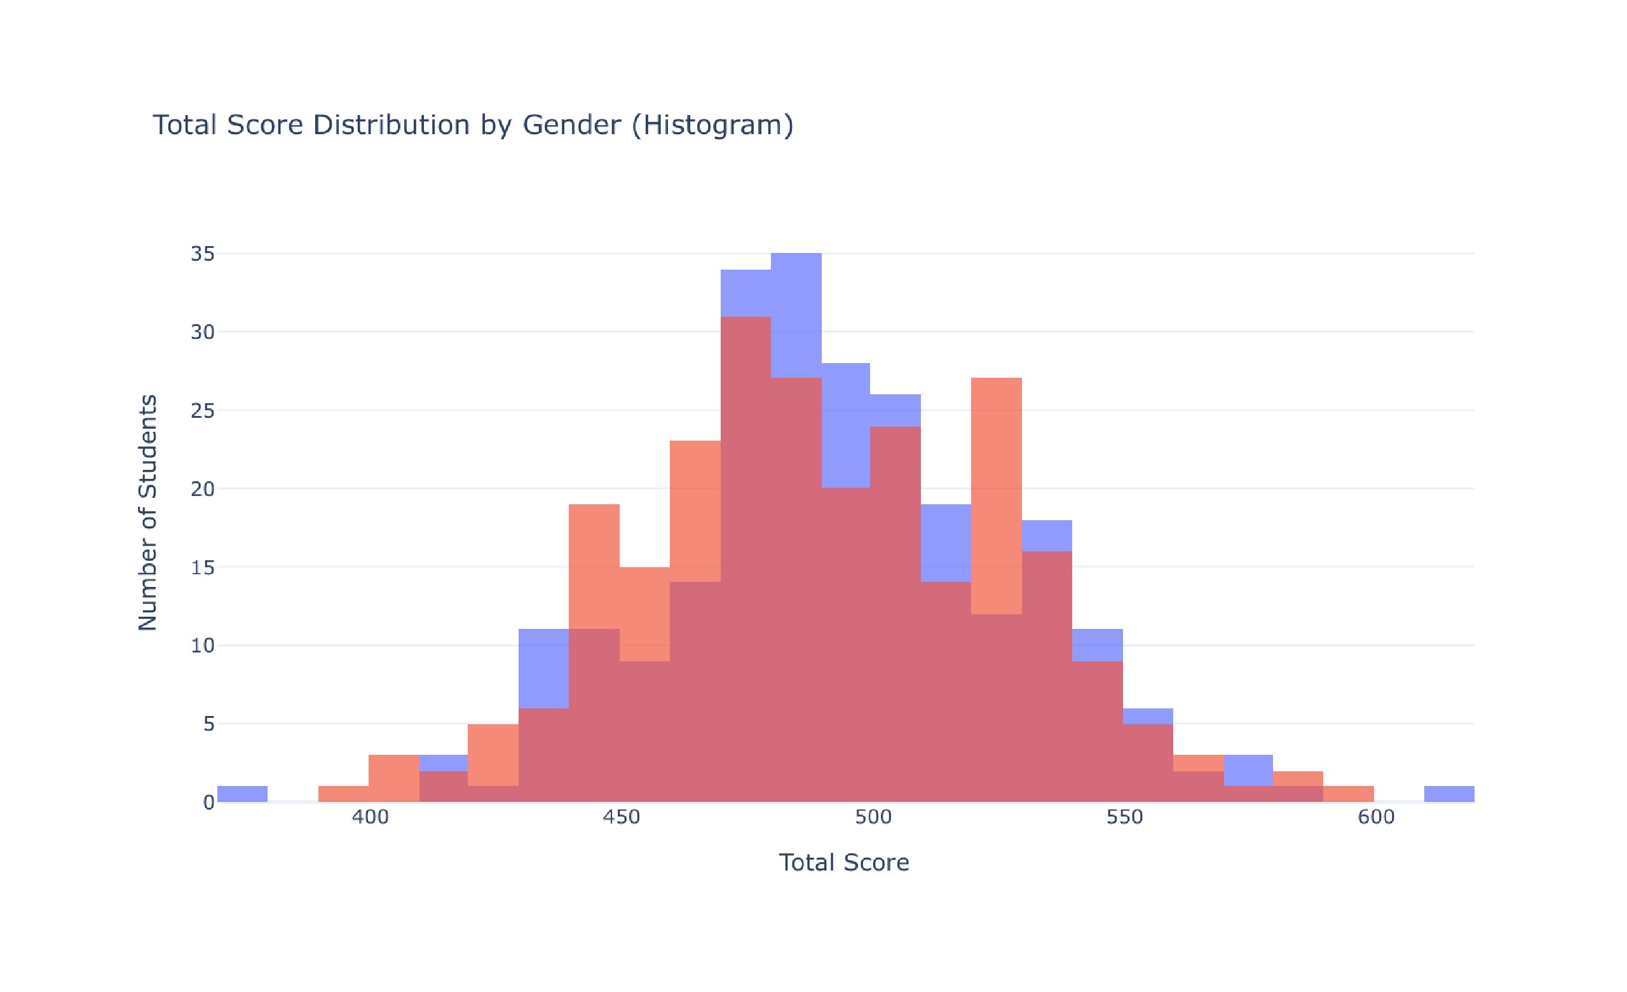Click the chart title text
[x=473, y=125]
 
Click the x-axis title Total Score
[x=844, y=862]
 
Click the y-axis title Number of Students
[x=148, y=513]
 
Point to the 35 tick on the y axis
[x=203, y=254]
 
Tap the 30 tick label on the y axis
[x=203, y=332]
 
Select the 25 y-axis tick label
[x=203, y=411]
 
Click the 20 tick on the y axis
[x=203, y=490]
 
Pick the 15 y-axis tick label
[x=203, y=567]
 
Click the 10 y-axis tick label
[x=203, y=646]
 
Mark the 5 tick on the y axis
[x=208, y=724]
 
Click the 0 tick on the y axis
[x=208, y=803]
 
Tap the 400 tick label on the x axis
[x=370, y=818]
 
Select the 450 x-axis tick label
[x=622, y=818]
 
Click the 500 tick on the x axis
[x=873, y=818]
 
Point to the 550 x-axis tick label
[x=1124, y=818]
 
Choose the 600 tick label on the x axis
[x=1376, y=818]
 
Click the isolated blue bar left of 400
[x=242, y=794]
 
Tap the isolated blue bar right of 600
[x=1448, y=794]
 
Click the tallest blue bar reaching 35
[x=796, y=310]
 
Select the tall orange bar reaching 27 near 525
[x=997, y=495]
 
